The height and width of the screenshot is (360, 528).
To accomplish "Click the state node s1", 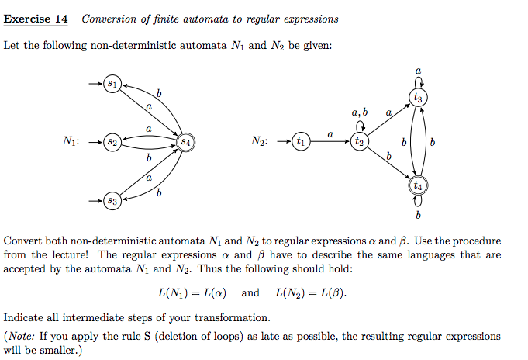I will click(x=112, y=82).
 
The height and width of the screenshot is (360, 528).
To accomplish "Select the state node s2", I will click(x=112, y=142).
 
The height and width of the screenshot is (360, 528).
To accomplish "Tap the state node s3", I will click(x=112, y=202).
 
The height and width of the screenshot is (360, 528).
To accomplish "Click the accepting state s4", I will click(x=185, y=142).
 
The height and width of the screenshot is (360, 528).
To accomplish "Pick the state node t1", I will click(x=299, y=142).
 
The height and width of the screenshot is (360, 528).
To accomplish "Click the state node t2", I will click(x=358, y=142).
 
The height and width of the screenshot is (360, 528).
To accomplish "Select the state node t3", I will click(x=418, y=98).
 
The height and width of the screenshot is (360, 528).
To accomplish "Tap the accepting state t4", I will click(x=418, y=186).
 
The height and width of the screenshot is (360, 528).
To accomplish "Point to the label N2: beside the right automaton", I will click(x=261, y=142).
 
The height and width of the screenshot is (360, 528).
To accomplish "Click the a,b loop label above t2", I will click(x=358, y=113).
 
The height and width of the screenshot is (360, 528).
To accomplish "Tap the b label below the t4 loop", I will click(x=418, y=214).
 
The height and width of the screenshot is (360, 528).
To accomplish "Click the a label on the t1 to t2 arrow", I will click(x=330, y=134).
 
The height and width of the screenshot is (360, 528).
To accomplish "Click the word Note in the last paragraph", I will click(x=22, y=337).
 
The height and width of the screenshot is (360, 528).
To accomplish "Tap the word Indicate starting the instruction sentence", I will click(x=23, y=317).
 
